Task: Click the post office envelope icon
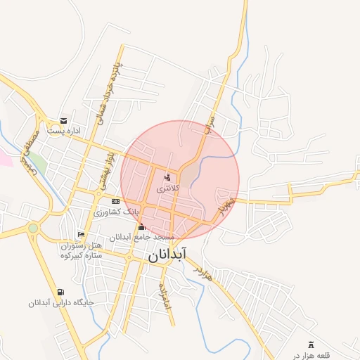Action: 64,121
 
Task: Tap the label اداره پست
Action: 64,131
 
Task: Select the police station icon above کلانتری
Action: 167,178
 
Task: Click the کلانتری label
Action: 167,188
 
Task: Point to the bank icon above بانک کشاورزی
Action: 115,201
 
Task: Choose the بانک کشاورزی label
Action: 117,211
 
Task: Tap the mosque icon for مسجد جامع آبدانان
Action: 142,226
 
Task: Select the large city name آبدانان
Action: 168,255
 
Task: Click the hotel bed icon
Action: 81,234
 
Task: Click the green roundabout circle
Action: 32,228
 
